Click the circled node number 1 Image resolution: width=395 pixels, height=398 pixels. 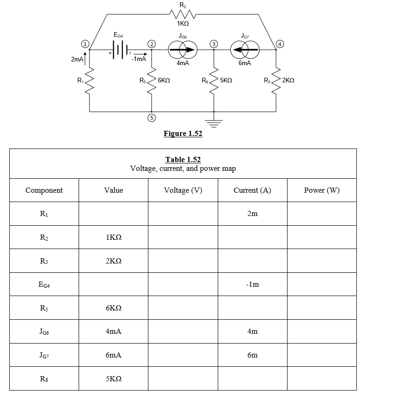point(85,44)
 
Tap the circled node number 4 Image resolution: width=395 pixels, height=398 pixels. point(280,44)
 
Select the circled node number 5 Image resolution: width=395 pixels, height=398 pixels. point(152,118)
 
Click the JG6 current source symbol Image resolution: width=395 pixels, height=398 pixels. point(183,49)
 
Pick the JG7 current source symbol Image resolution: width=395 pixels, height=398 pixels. point(245,49)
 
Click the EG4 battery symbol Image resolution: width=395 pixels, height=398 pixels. point(120,50)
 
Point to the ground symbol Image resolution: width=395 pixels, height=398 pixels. point(214,123)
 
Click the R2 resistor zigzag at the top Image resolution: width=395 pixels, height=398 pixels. point(183,15)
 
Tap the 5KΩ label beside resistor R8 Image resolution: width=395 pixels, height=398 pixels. point(226,80)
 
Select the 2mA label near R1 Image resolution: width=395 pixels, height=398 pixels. point(77,60)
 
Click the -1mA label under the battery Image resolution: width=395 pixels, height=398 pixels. point(139,59)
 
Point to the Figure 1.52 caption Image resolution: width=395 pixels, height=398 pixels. point(183,133)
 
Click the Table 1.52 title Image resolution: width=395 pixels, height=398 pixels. point(183,159)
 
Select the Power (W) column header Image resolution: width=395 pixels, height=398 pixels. point(321,190)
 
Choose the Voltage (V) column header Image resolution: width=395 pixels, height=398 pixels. point(183,190)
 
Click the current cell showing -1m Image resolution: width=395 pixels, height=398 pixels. point(253,284)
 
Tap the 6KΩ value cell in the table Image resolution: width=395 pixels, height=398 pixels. point(114,308)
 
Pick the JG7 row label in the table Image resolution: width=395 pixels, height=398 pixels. point(44,355)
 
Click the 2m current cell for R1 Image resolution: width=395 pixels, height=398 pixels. point(253,214)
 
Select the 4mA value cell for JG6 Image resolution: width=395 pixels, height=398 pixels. point(114,331)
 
